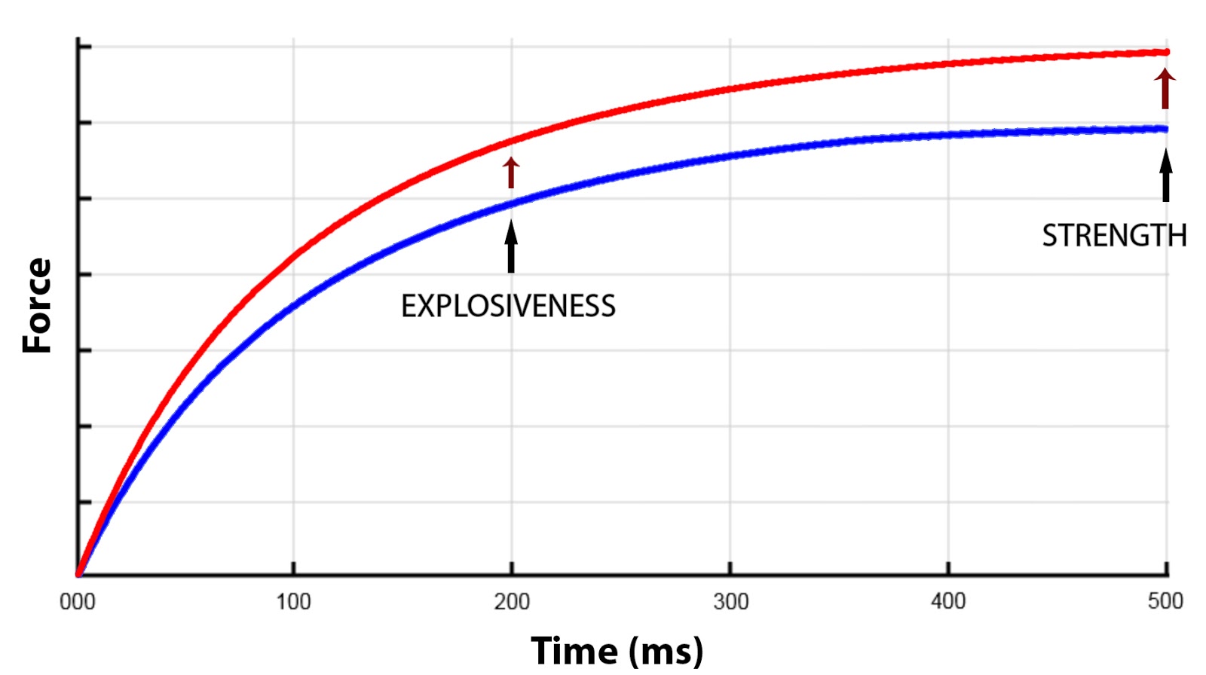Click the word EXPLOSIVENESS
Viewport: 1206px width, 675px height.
pos(508,307)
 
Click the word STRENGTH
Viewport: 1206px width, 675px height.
pos(1113,236)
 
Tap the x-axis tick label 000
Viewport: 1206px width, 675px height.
pos(78,601)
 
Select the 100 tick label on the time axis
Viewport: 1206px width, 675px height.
pos(293,601)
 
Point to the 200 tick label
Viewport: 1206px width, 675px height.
pos(512,601)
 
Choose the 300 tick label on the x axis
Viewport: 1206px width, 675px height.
pos(730,601)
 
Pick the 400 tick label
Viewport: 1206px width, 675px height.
pos(947,601)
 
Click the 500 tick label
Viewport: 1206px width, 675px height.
pos(1165,601)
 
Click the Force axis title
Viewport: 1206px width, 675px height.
pos(37,306)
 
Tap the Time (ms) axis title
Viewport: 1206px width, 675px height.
pos(617,650)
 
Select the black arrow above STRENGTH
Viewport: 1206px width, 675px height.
pos(1165,176)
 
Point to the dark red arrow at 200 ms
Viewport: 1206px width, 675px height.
pos(511,173)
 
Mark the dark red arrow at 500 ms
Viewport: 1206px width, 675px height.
pos(1165,89)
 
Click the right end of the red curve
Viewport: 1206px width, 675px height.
pos(1165,52)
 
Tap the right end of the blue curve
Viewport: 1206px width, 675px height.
pos(1165,129)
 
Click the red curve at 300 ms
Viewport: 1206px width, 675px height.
pos(730,90)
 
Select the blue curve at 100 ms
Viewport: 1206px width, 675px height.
pos(293,304)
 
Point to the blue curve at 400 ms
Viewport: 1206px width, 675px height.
pos(947,136)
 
